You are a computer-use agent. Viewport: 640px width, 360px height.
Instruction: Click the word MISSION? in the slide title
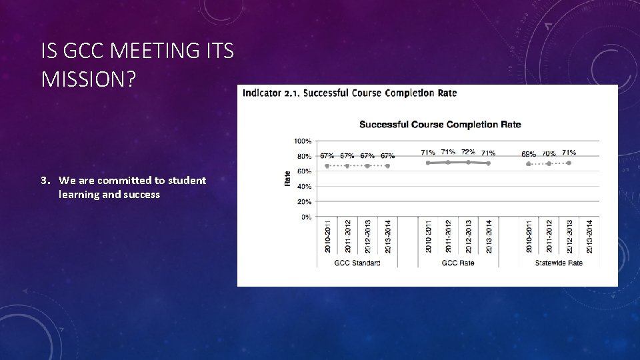[88, 79]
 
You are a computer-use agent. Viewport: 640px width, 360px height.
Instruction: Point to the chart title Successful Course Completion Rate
[440, 125]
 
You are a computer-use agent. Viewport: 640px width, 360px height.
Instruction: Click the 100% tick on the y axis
[303, 141]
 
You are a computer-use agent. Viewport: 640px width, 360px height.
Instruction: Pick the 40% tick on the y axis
[304, 187]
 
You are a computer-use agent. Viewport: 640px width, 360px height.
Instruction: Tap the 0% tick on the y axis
[306, 217]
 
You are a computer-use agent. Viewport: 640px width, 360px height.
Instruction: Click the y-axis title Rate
[287, 178]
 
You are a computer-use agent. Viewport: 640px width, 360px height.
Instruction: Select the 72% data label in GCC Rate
[468, 152]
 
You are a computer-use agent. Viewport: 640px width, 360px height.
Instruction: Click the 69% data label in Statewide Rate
[529, 153]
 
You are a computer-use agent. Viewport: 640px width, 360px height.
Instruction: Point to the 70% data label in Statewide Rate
[549, 153]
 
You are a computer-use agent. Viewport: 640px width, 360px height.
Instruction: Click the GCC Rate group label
[458, 263]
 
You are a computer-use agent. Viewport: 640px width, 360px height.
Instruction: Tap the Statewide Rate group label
[559, 263]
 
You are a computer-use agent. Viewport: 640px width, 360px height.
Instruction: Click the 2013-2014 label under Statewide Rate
[589, 236]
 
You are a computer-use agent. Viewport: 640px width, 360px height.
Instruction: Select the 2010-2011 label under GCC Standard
[327, 236]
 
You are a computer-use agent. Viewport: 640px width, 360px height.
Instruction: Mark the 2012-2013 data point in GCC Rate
[468, 162]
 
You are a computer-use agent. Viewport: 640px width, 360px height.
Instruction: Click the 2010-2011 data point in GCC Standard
[327, 166]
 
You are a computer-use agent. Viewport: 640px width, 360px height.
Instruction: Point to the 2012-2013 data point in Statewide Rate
[569, 163]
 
